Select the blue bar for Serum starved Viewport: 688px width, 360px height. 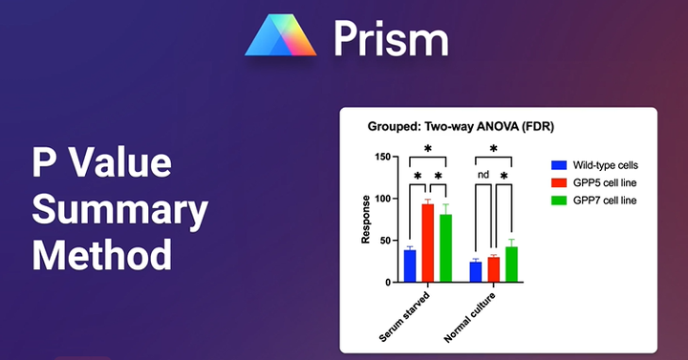[x=410, y=266]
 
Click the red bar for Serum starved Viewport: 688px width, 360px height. [x=427, y=244]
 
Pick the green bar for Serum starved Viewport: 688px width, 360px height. [x=445, y=249]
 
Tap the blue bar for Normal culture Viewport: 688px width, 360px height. [x=476, y=272]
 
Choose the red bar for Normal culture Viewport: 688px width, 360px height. [x=493, y=270]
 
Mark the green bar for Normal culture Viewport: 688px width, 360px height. [x=511, y=265]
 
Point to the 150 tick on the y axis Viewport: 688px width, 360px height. [x=384, y=157]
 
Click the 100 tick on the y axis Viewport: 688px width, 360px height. [x=384, y=199]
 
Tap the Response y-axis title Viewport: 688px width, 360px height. [x=366, y=220]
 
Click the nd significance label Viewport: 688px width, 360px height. [x=484, y=175]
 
